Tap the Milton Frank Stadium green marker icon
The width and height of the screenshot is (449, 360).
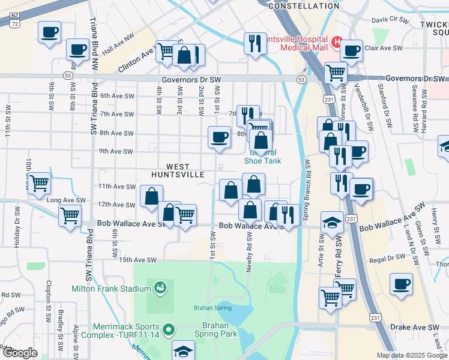click(159, 288)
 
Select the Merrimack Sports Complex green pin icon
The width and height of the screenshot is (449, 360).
click(169, 330)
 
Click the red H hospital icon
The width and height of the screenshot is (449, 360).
click(337, 43)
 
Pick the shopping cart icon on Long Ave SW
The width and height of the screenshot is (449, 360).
click(39, 182)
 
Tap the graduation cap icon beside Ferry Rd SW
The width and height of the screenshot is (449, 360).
click(332, 223)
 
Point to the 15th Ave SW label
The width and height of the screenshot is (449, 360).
click(137, 260)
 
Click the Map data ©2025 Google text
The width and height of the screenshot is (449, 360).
click(412, 355)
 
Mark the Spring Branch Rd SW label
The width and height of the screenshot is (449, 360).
click(308, 187)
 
